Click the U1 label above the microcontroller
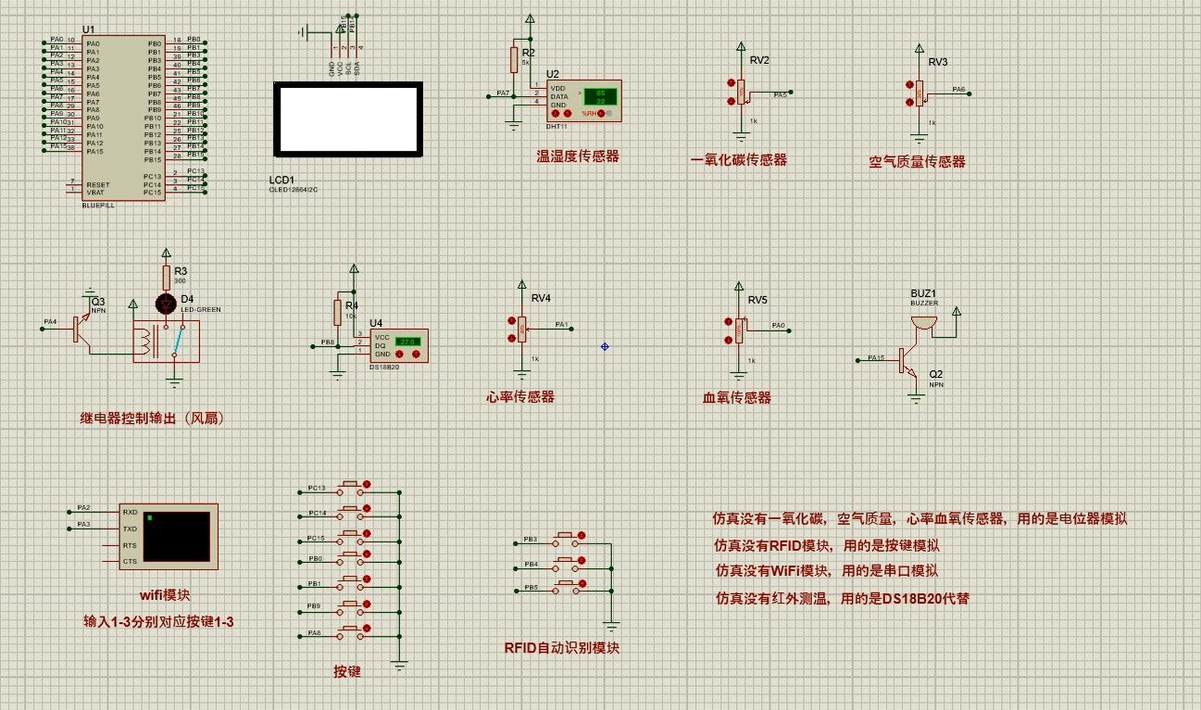tap(88, 30)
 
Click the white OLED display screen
tap(347, 119)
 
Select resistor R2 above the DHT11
tap(513, 60)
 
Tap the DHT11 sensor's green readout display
tap(599, 97)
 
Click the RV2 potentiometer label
tap(759, 60)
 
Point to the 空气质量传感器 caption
tap(917, 161)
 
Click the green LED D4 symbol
tap(167, 303)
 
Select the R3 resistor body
tap(167, 277)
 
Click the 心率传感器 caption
tap(520, 397)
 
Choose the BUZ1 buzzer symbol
tap(923, 322)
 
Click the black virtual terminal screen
tap(176, 536)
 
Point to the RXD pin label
tap(130, 512)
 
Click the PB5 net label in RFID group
tap(531, 588)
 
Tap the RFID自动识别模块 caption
tap(561, 647)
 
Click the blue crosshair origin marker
tap(605, 346)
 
